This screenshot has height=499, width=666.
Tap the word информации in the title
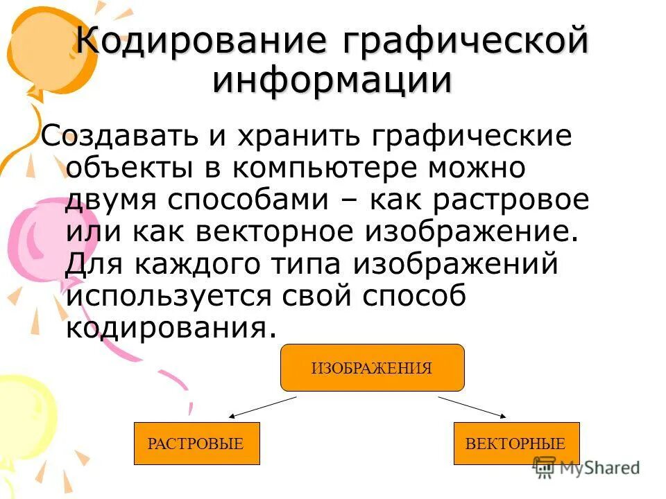coord(332,80)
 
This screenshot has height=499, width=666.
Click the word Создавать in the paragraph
coord(122,137)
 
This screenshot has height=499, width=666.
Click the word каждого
coord(183,264)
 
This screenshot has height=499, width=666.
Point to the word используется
coord(169,296)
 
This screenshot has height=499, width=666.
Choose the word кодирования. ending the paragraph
coord(166,327)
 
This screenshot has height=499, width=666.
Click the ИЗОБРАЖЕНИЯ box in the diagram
coord(372,368)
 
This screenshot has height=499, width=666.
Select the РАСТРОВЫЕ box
coord(196,444)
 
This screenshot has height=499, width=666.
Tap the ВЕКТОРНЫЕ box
coord(515,444)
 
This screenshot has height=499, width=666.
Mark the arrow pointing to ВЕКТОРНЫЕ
coord(472,408)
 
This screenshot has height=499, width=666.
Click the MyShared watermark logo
coord(587,468)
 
